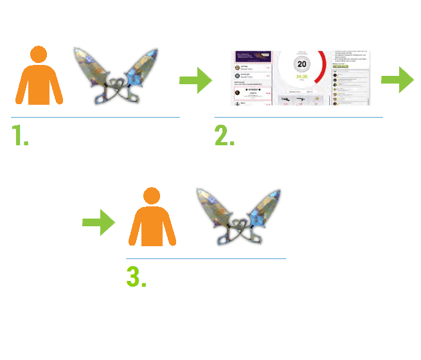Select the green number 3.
(x=134, y=276)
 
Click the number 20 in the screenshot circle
(x=301, y=64)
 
